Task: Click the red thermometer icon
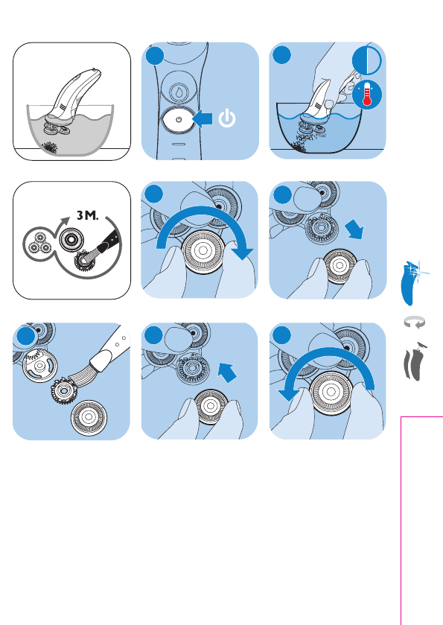(x=367, y=95)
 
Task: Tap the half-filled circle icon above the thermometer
(x=367, y=61)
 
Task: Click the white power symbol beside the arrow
(x=227, y=118)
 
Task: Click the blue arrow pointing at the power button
(x=203, y=118)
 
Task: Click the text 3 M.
(x=88, y=215)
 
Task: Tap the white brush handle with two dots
(x=110, y=349)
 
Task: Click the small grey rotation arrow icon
(x=415, y=322)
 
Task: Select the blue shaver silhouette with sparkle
(x=410, y=282)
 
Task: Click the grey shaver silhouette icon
(x=413, y=362)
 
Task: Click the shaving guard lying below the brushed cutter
(x=89, y=417)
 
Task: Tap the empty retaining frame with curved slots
(x=39, y=365)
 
